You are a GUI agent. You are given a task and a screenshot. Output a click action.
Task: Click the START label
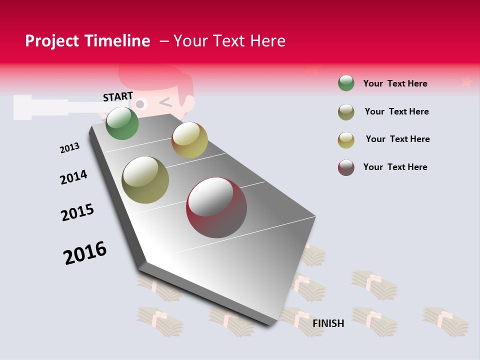118,96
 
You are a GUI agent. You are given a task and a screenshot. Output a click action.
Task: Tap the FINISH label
328,323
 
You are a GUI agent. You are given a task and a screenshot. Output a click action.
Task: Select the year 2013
69,148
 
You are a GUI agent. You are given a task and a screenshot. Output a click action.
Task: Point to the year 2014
73,177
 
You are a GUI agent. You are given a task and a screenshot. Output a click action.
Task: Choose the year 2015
77,212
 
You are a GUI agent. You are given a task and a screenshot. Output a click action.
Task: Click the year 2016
85,253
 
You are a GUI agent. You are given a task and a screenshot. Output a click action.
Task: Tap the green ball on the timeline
122,123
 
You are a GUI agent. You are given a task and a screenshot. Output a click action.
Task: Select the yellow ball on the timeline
189,140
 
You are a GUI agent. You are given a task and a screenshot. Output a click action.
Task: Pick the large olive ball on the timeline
145,180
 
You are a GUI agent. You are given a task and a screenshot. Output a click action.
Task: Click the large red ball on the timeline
216,207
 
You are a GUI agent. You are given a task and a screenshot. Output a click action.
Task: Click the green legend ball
346,83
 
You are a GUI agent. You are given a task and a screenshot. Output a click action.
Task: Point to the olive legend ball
346,112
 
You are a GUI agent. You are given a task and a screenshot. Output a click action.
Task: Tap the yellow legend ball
346,140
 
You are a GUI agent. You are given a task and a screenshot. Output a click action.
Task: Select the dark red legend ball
346,167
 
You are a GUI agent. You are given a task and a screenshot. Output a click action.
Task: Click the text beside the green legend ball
395,83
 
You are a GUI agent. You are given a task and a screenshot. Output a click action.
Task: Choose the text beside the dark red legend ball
395,167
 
